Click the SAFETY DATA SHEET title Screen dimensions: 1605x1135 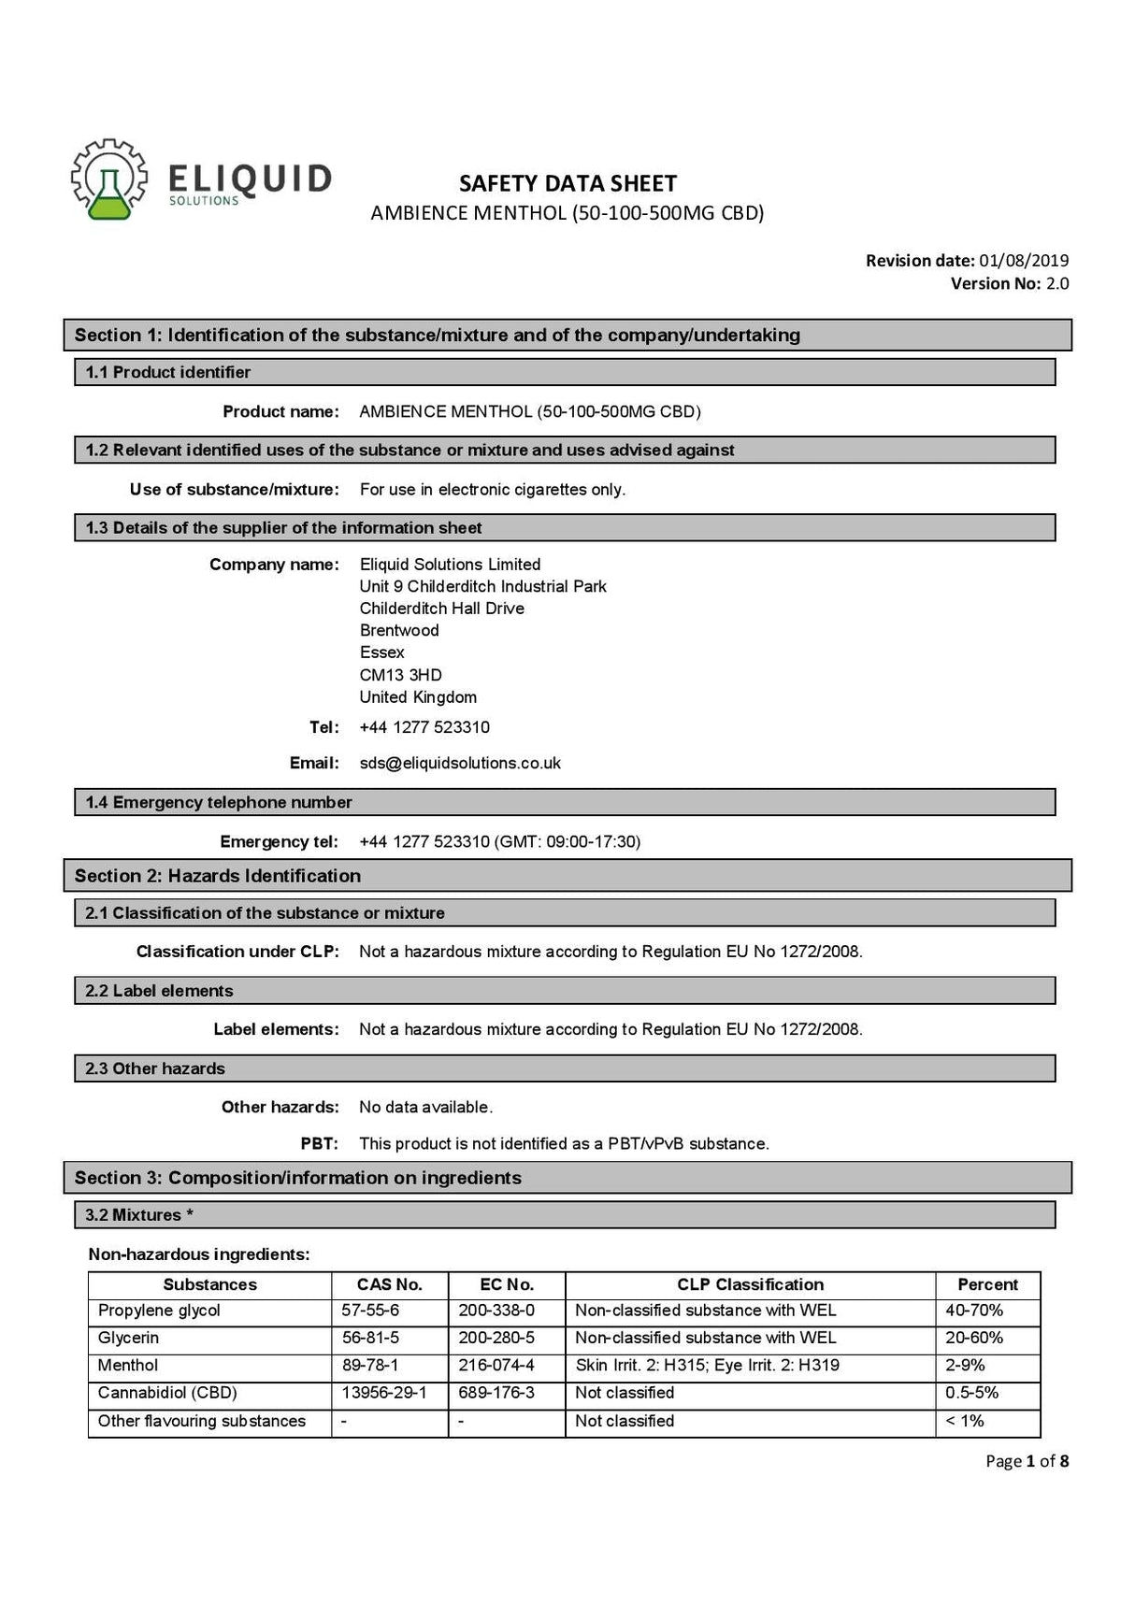(x=567, y=183)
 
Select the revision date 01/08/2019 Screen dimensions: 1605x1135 (x=1024, y=261)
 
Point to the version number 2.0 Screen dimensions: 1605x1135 (x=1057, y=283)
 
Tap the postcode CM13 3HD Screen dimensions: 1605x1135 (x=400, y=675)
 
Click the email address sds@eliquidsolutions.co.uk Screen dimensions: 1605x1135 (x=460, y=763)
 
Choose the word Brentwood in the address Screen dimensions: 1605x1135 (x=399, y=630)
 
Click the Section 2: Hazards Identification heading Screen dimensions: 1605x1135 (x=218, y=876)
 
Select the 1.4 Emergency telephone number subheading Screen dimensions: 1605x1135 (x=219, y=802)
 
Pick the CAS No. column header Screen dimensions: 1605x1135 (x=390, y=1284)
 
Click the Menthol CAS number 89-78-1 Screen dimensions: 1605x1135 (x=371, y=1366)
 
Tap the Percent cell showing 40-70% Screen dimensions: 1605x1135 (x=974, y=1311)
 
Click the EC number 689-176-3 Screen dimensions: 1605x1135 (x=496, y=1393)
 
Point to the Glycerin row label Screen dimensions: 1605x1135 (x=128, y=1338)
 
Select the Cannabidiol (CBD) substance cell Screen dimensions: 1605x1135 (x=167, y=1393)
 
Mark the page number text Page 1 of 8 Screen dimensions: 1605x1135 (x=1027, y=1461)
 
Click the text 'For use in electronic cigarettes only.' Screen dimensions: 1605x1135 (x=493, y=490)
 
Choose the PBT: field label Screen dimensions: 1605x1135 (x=319, y=1143)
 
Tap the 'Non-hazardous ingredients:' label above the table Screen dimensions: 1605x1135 (x=199, y=1254)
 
